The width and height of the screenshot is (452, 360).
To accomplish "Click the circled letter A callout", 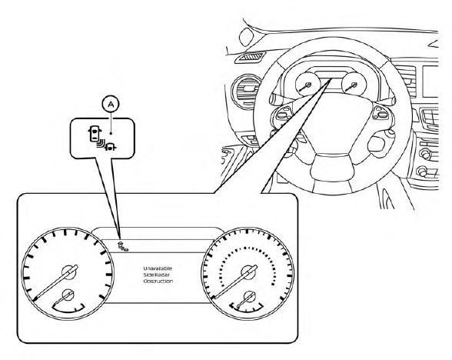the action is (x=111, y=105).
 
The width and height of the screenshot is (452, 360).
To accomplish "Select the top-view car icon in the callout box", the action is (x=95, y=134).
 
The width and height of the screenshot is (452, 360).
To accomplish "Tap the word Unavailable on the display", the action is (x=158, y=268).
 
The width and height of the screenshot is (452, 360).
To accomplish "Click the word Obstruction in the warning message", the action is (x=158, y=281).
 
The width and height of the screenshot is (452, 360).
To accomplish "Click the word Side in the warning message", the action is (x=149, y=275).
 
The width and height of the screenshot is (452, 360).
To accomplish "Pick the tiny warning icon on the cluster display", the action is (x=122, y=247).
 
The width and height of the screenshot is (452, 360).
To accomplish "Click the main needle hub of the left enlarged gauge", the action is (x=69, y=272).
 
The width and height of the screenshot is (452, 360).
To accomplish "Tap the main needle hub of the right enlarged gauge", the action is (x=248, y=272).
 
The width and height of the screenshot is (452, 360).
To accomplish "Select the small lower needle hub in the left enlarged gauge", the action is (x=68, y=295).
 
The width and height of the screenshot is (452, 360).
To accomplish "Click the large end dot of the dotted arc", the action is (x=273, y=284).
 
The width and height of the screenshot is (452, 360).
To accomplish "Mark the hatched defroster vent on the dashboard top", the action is (x=250, y=57).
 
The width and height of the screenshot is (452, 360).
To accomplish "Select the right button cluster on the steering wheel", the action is (x=382, y=112).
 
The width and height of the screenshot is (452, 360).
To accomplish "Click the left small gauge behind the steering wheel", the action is (x=307, y=84).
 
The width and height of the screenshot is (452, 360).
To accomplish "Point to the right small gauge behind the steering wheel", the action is (x=354, y=84).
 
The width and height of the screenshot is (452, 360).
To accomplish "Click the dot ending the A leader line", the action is (x=111, y=133).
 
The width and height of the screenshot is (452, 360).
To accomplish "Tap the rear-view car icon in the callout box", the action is (x=111, y=147).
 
